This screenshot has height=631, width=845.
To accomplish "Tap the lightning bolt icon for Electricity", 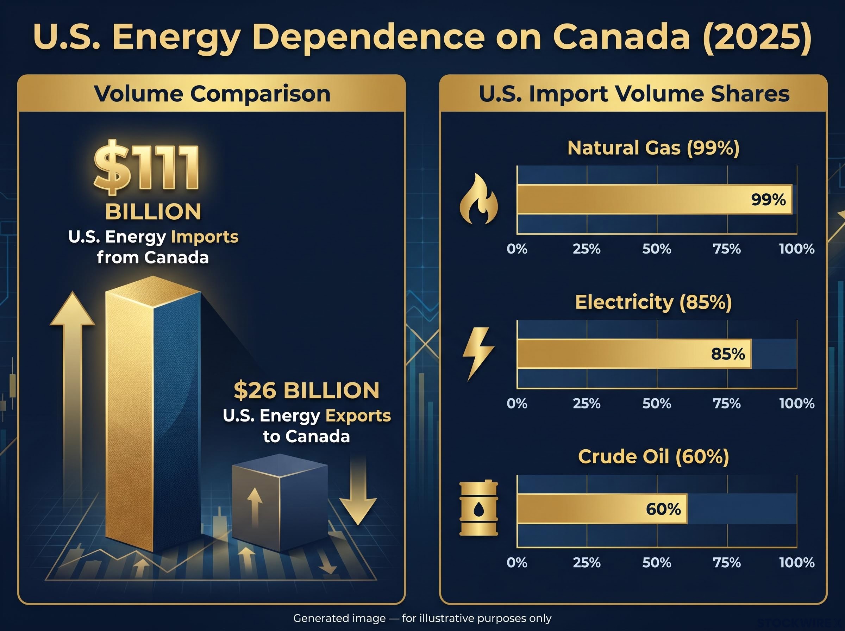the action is tap(478, 353).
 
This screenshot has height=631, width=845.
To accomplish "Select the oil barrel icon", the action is tap(479, 508).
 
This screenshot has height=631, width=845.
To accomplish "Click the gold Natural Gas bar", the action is tap(655, 199).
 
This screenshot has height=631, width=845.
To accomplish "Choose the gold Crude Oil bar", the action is tap(602, 508).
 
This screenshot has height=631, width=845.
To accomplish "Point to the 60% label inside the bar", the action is tap(663, 509).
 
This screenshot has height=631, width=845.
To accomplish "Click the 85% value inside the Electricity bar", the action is tap(728, 354).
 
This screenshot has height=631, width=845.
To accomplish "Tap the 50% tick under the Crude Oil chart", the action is tap(657, 563).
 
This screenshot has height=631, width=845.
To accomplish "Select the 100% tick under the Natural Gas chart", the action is tap(797, 249).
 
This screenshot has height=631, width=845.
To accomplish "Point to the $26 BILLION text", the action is tap(307, 391).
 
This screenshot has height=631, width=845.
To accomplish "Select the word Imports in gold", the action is tap(205, 237).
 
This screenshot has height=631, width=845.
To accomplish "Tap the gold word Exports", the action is tap(358, 416).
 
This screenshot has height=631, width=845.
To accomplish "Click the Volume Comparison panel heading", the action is tap(212, 94).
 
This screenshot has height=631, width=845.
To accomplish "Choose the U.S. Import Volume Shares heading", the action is tap(634, 94).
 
